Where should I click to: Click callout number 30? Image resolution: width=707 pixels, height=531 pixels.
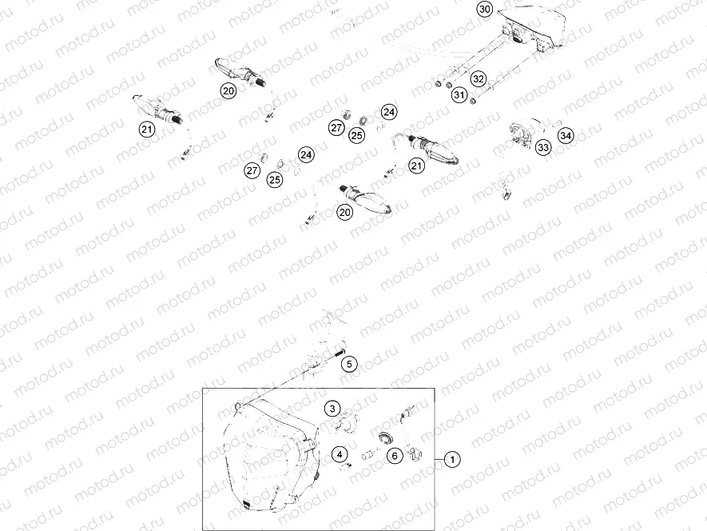point(484,10)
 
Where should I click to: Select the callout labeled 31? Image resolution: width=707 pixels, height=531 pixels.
point(459,96)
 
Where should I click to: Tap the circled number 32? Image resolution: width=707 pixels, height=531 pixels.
point(478,78)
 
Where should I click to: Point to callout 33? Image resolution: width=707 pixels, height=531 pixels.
point(543,148)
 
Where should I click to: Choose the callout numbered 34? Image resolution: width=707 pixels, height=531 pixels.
point(566,135)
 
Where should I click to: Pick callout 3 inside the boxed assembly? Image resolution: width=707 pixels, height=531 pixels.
point(332,409)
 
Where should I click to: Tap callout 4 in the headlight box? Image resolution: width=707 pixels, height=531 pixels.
point(340,456)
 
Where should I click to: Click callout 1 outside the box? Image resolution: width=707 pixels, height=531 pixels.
point(452,459)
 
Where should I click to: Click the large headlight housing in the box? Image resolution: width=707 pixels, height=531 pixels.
point(268,456)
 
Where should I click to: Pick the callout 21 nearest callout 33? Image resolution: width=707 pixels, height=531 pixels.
point(416,166)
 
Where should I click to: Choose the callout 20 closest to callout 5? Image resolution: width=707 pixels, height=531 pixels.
point(344,212)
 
